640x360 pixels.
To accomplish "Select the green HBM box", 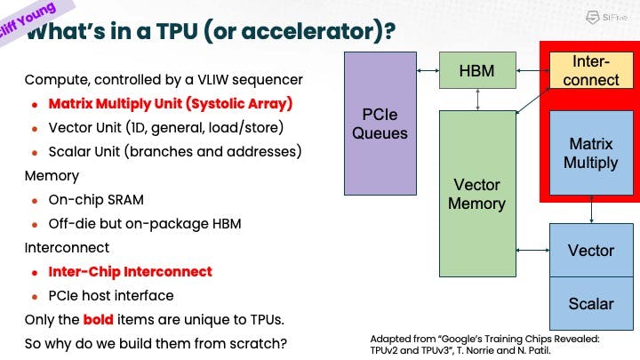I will (477, 70).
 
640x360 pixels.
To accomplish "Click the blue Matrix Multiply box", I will (591, 152).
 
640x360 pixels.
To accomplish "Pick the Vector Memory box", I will (477, 194).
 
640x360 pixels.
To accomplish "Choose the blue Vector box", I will (591, 250).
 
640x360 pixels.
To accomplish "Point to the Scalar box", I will (591, 303).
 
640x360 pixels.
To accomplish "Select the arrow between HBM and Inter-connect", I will (532, 68).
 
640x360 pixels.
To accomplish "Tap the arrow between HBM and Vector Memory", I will (478, 100).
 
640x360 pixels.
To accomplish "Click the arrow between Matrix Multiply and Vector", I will (592, 210).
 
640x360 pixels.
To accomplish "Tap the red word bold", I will (99, 318).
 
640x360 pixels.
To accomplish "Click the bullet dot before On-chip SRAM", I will (35, 200).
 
